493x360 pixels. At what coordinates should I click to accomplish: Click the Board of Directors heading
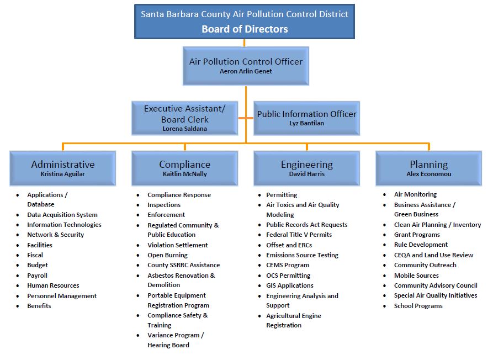click(x=245, y=29)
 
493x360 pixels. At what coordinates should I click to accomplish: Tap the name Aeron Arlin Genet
click(x=246, y=71)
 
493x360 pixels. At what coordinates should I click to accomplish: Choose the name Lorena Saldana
click(x=184, y=128)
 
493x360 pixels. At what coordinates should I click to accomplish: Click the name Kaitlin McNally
click(x=184, y=174)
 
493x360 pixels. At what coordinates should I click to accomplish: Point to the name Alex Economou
click(x=429, y=174)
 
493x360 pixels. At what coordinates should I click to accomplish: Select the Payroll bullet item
click(x=38, y=276)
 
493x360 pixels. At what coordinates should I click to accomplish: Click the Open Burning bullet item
click(x=167, y=255)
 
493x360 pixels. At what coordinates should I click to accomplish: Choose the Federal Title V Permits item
click(x=299, y=235)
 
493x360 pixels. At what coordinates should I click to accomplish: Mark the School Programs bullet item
click(x=418, y=306)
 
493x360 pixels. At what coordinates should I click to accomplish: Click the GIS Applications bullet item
click(x=289, y=285)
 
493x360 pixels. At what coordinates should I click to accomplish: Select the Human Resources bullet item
click(x=53, y=285)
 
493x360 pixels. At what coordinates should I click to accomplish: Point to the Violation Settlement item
click(x=177, y=245)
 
